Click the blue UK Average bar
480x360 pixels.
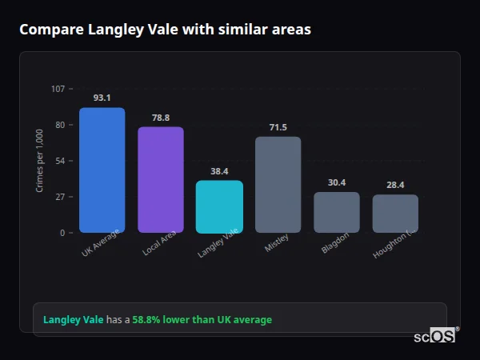point(102,170)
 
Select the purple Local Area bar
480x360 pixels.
point(160,179)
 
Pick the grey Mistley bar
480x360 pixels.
point(278,184)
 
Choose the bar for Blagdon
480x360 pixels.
point(336,212)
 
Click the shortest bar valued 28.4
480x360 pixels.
point(395,213)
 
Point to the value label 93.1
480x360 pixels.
point(102,98)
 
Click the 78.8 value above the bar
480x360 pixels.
point(161,118)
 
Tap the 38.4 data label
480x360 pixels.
point(219,171)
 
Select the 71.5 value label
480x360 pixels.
point(278,127)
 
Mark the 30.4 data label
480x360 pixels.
point(337,182)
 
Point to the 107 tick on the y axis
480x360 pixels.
point(58,88)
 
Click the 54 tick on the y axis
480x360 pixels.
point(60,161)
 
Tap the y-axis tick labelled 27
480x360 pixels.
point(60,197)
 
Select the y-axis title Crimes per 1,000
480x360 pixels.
point(40,161)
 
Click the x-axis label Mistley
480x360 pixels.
point(276,243)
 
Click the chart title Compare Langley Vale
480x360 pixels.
point(165,30)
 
